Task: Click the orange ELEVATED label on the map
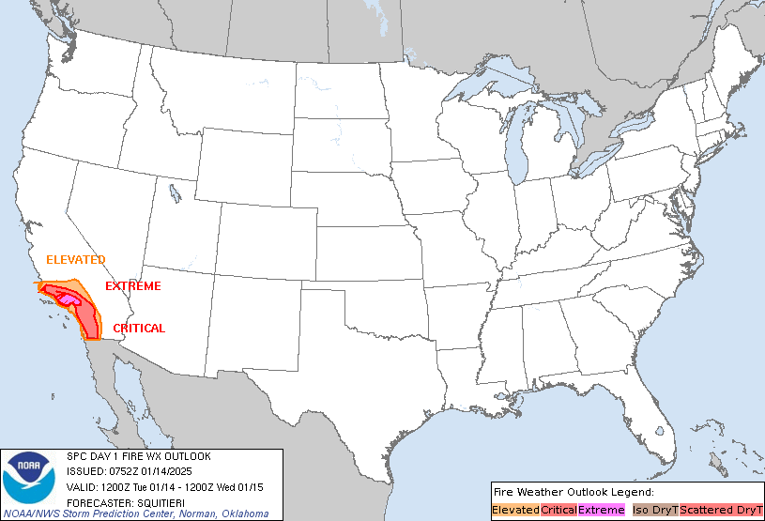pos(75,260)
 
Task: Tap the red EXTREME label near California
pos(132,286)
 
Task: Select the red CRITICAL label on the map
pos(139,329)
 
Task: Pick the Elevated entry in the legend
pos(515,510)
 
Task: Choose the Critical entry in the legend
pos(558,510)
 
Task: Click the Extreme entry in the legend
pos(601,510)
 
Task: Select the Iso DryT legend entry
pos(654,510)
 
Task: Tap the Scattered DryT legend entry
pos(720,510)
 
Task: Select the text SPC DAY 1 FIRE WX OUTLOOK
pos(139,456)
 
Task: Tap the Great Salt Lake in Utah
pos(176,194)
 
